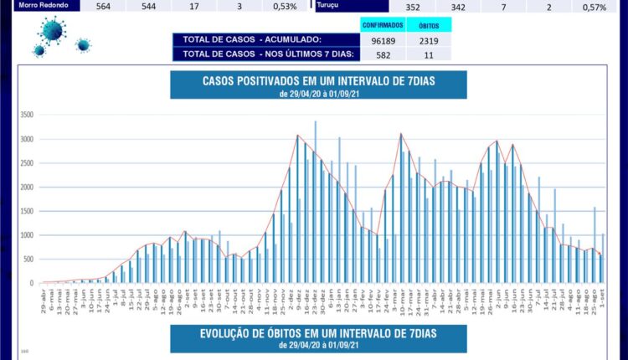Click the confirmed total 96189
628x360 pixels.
pyautogui.click(x=383, y=39)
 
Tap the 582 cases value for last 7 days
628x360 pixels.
pyautogui.click(x=383, y=54)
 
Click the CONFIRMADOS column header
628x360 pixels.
pyautogui.click(x=383, y=25)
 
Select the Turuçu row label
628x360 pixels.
pyautogui.click(x=328, y=5)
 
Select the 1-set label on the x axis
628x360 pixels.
pyautogui.click(x=602, y=297)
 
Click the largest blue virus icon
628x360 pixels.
pyautogui.click(x=52, y=32)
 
